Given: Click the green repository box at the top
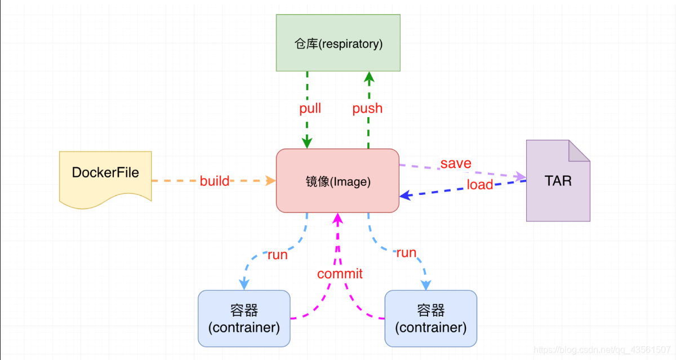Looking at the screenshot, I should pos(338,43).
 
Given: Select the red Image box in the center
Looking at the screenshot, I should pos(337,181).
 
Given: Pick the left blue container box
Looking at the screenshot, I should pos(244,318).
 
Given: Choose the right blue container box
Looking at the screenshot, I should pos(431,318).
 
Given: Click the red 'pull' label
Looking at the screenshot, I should pos(310,108).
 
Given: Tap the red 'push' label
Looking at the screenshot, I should pos(367,108).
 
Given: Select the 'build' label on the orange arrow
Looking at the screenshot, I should pos(215,181).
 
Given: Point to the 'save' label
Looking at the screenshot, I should pos(456,163).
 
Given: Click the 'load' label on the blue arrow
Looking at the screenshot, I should pos(480,185).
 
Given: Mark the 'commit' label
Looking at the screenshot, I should pos(340,274).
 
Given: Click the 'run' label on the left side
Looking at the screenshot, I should pos(278,255).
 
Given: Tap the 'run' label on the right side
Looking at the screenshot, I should pos(406,252).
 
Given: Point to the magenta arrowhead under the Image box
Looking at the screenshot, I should pos(337,217).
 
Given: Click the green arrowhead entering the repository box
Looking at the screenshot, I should pos(368,76).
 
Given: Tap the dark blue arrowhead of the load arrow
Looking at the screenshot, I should pos(404,195).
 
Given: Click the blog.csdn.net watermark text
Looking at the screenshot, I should pos(602,350).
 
